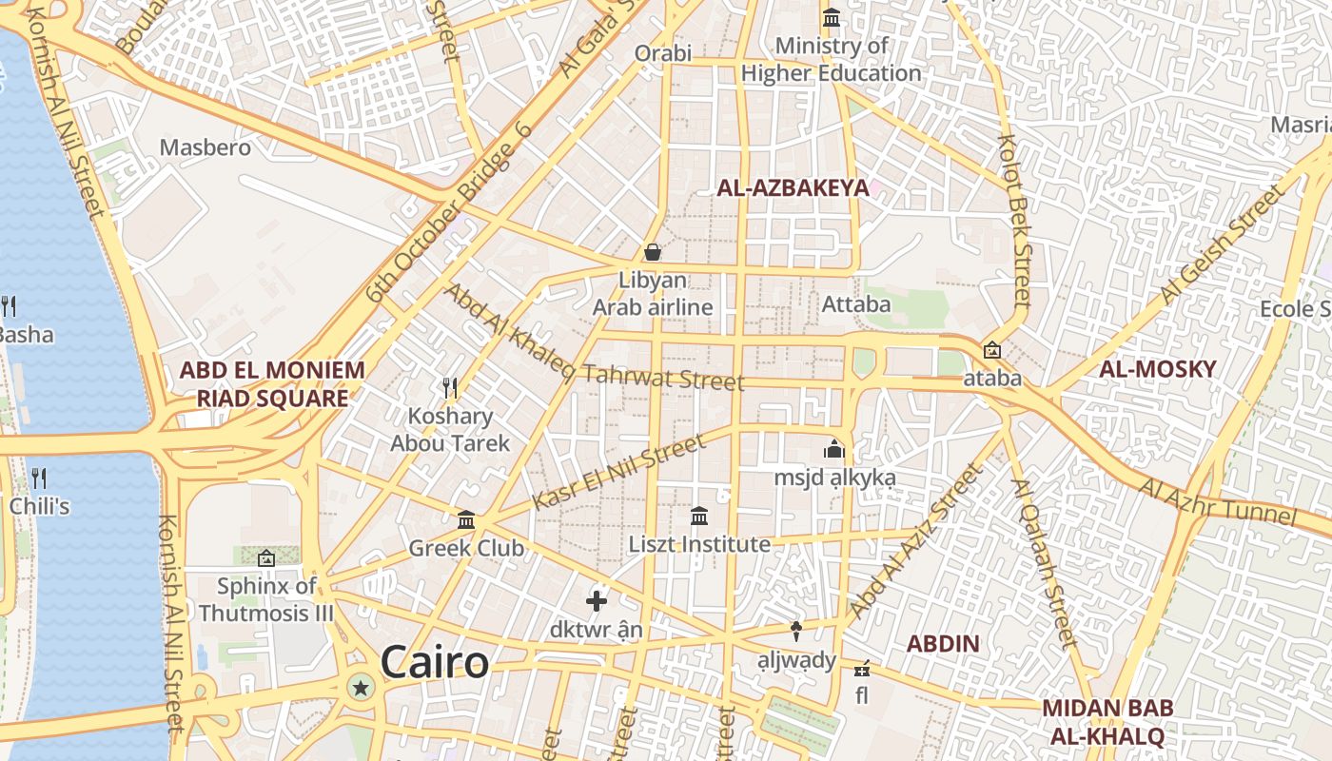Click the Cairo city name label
(435, 663)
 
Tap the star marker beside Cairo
(361, 687)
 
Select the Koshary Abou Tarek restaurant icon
(450, 387)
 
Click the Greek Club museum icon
(466, 519)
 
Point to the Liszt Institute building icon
(699, 516)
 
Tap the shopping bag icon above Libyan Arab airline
(653, 252)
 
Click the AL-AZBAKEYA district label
(793, 187)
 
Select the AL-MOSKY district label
(1158, 369)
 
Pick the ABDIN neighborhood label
(943, 643)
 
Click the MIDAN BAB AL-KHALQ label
(1107, 722)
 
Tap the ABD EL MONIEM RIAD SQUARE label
(272, 384)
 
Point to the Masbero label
(206, 147)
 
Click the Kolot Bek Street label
(1014, 220)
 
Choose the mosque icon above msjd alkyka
(834, 448)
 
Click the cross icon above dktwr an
(597, 601)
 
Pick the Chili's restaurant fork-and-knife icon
(39, 478)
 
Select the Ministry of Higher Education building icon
(832, 17)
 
